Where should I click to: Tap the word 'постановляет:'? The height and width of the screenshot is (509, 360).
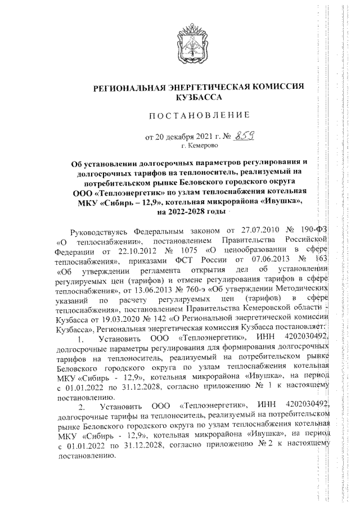[296, 329]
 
